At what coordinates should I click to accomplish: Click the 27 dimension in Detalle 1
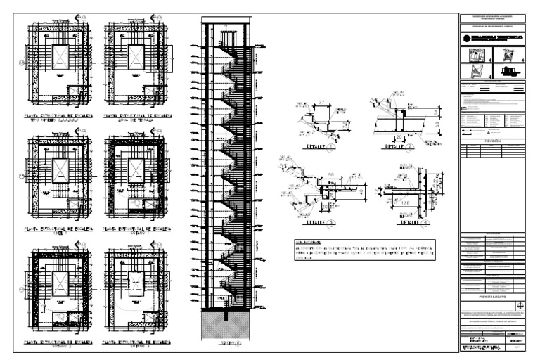click(322, 102)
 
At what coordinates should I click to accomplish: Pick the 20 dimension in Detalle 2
click(399, 137)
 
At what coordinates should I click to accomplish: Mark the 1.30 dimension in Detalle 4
click(406, 202)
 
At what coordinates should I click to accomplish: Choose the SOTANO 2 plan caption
click(54, 345)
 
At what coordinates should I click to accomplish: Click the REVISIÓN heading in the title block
click(491, 140)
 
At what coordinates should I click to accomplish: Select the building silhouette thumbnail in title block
click(508, 72)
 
